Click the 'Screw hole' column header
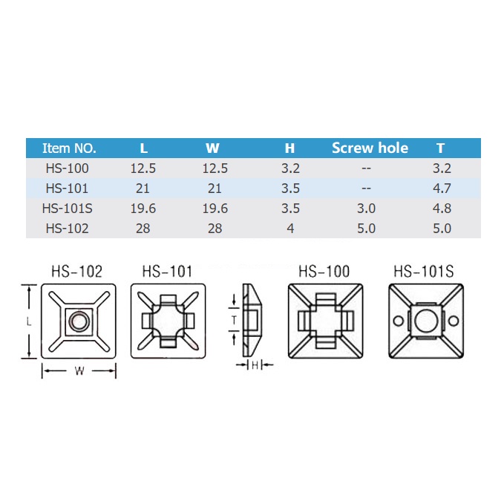(x=370, y=148)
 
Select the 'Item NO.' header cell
(x=69, y=148)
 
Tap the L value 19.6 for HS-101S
(x=143, y=209)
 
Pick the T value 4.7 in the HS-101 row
(x=442, y=189)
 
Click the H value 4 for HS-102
(x=290, y=228)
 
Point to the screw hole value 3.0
(x=366, y=209)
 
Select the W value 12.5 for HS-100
(x=215, y=168)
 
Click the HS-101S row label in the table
(x=68, y=209)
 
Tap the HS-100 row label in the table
(x=68, y=168)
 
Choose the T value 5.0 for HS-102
(x=442, y=228)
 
